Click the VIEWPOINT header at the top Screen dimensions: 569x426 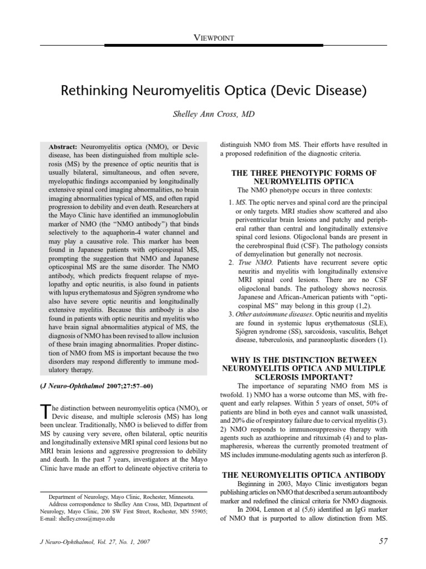(x=213, y=38)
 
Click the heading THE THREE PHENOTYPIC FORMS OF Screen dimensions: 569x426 (x=304, y=173)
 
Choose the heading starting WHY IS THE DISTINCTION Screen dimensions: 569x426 (x=304, y=360)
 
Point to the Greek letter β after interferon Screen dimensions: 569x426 (x=384, y=455)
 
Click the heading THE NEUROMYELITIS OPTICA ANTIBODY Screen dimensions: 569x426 (x=304, y=475)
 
